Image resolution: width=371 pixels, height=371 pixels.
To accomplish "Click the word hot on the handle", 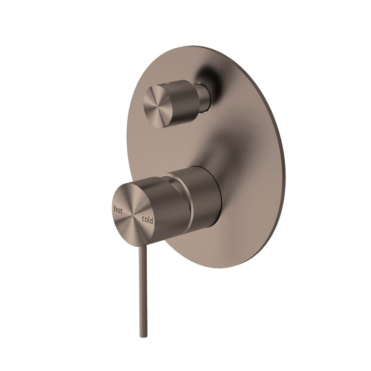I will [118, 209].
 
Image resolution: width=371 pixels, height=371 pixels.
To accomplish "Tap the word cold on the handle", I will [147, 220].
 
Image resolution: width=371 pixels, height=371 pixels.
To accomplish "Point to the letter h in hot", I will [115, 209].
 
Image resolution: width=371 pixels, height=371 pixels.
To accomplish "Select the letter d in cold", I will [151, 220].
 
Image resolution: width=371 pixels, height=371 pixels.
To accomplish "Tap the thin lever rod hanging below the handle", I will [142, 280].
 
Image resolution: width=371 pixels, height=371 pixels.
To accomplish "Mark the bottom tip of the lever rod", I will [141, 336].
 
